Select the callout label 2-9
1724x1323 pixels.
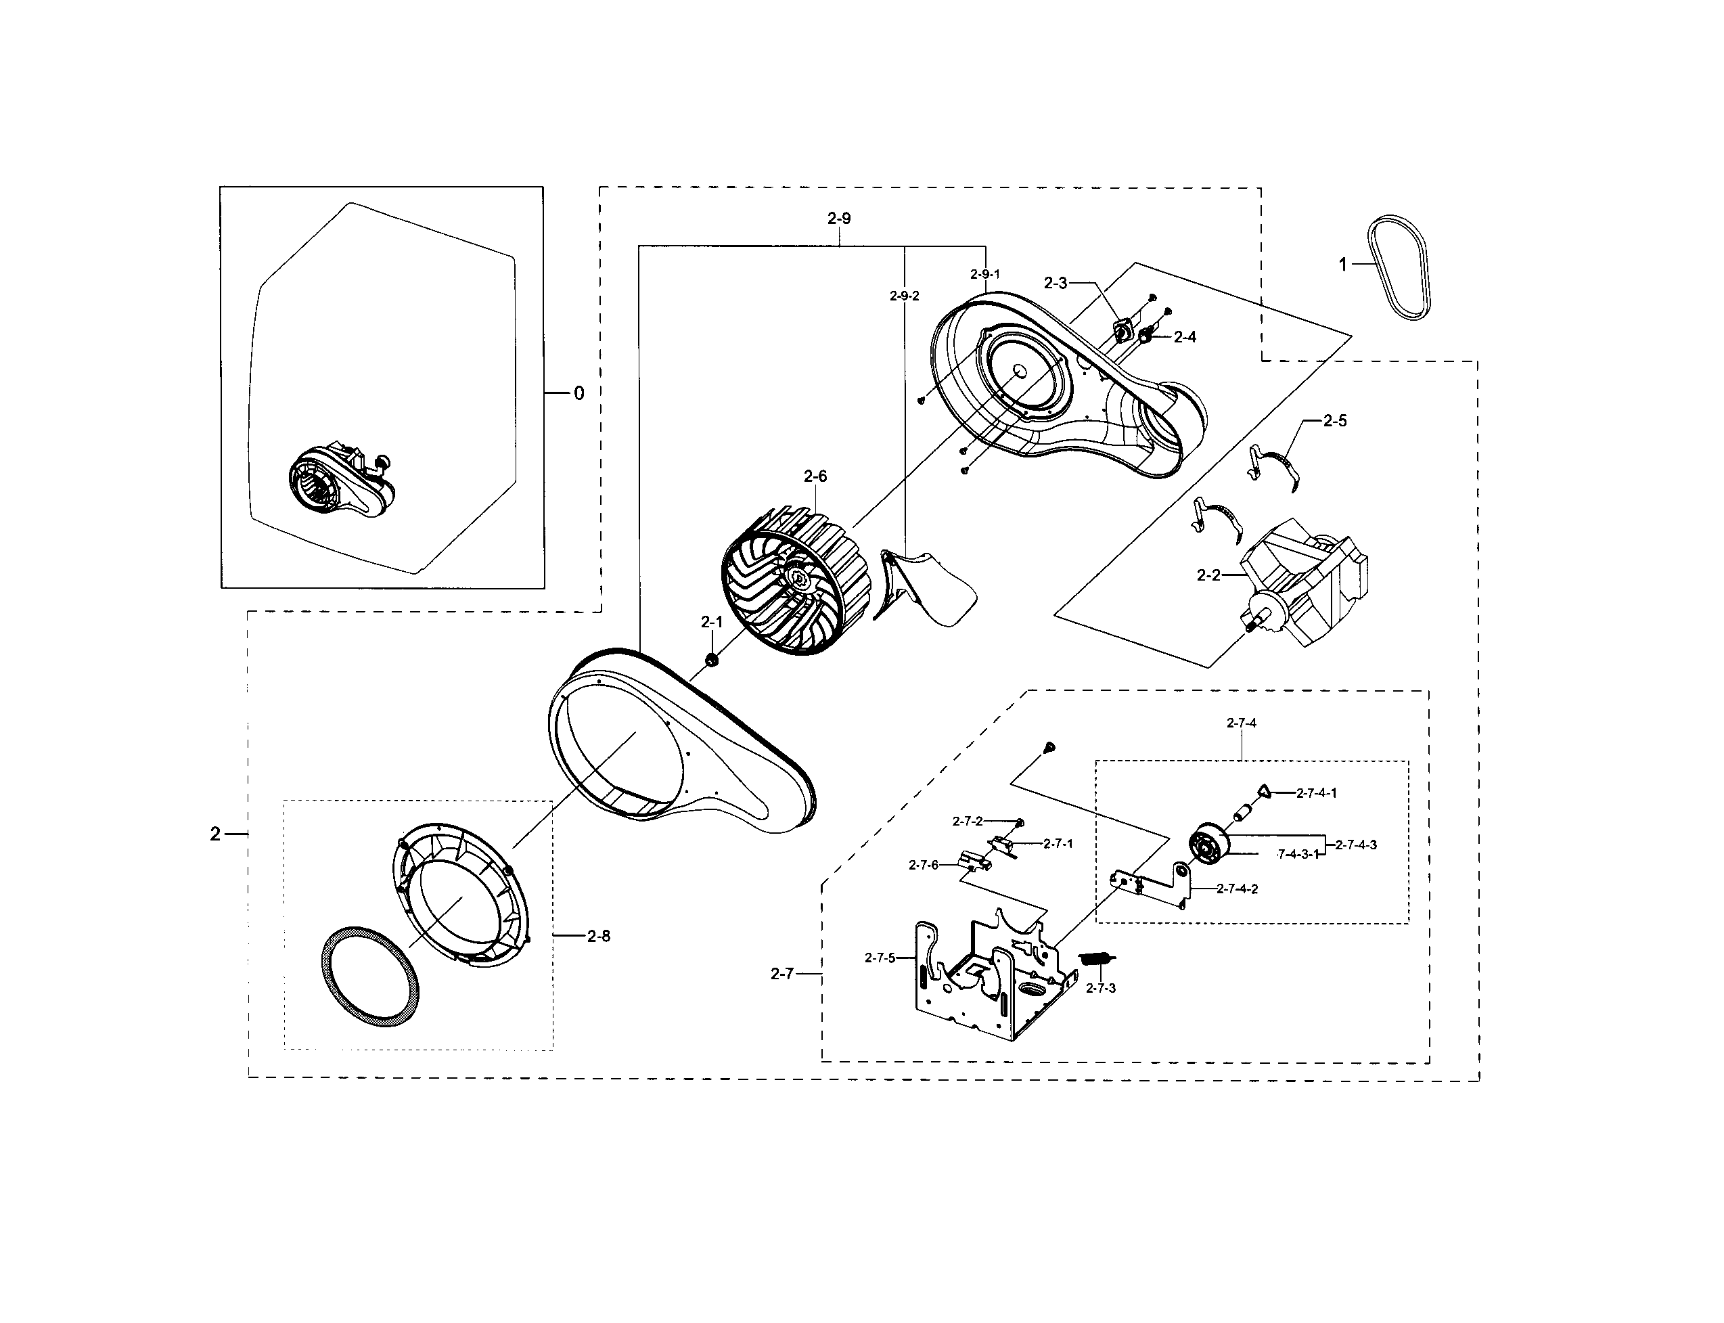point(839,219)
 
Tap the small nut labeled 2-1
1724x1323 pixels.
point(711,658)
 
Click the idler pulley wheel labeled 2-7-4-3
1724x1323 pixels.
point(1208,843)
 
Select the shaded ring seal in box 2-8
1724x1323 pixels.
point(371,977)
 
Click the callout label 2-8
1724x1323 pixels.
point(598,937)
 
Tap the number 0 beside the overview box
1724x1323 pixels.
point(579,394)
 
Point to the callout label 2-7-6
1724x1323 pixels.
point(924,865)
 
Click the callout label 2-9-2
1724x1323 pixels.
point(905,296)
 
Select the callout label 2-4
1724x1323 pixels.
point(1185,337)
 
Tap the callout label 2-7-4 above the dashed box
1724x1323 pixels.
point(1242,723)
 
